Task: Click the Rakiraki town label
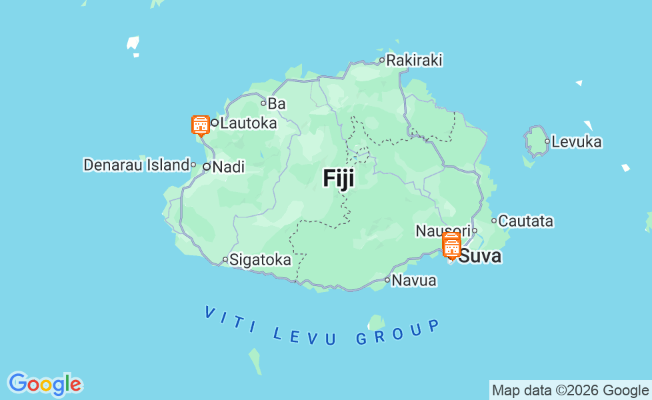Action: point(414,60)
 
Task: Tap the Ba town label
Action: point(276,103)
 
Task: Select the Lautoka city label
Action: point(248,123)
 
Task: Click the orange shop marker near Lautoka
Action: point(200,125)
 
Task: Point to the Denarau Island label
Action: point(136,165)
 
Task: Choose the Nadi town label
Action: point(228,167)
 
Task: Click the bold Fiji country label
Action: point(339,178)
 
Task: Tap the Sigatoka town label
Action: point(260,260)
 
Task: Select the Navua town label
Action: point(414,281)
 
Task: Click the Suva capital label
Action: point(481,256)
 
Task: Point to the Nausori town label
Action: point(443,231)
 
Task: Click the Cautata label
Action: point(526,221)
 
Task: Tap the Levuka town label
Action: point(577,141)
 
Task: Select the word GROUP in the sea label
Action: point(397,333)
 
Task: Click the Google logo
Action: point(45,384)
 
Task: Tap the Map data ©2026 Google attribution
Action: point(570,391)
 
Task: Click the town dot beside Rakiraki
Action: point(382,60)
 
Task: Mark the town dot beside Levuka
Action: point(547,141)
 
